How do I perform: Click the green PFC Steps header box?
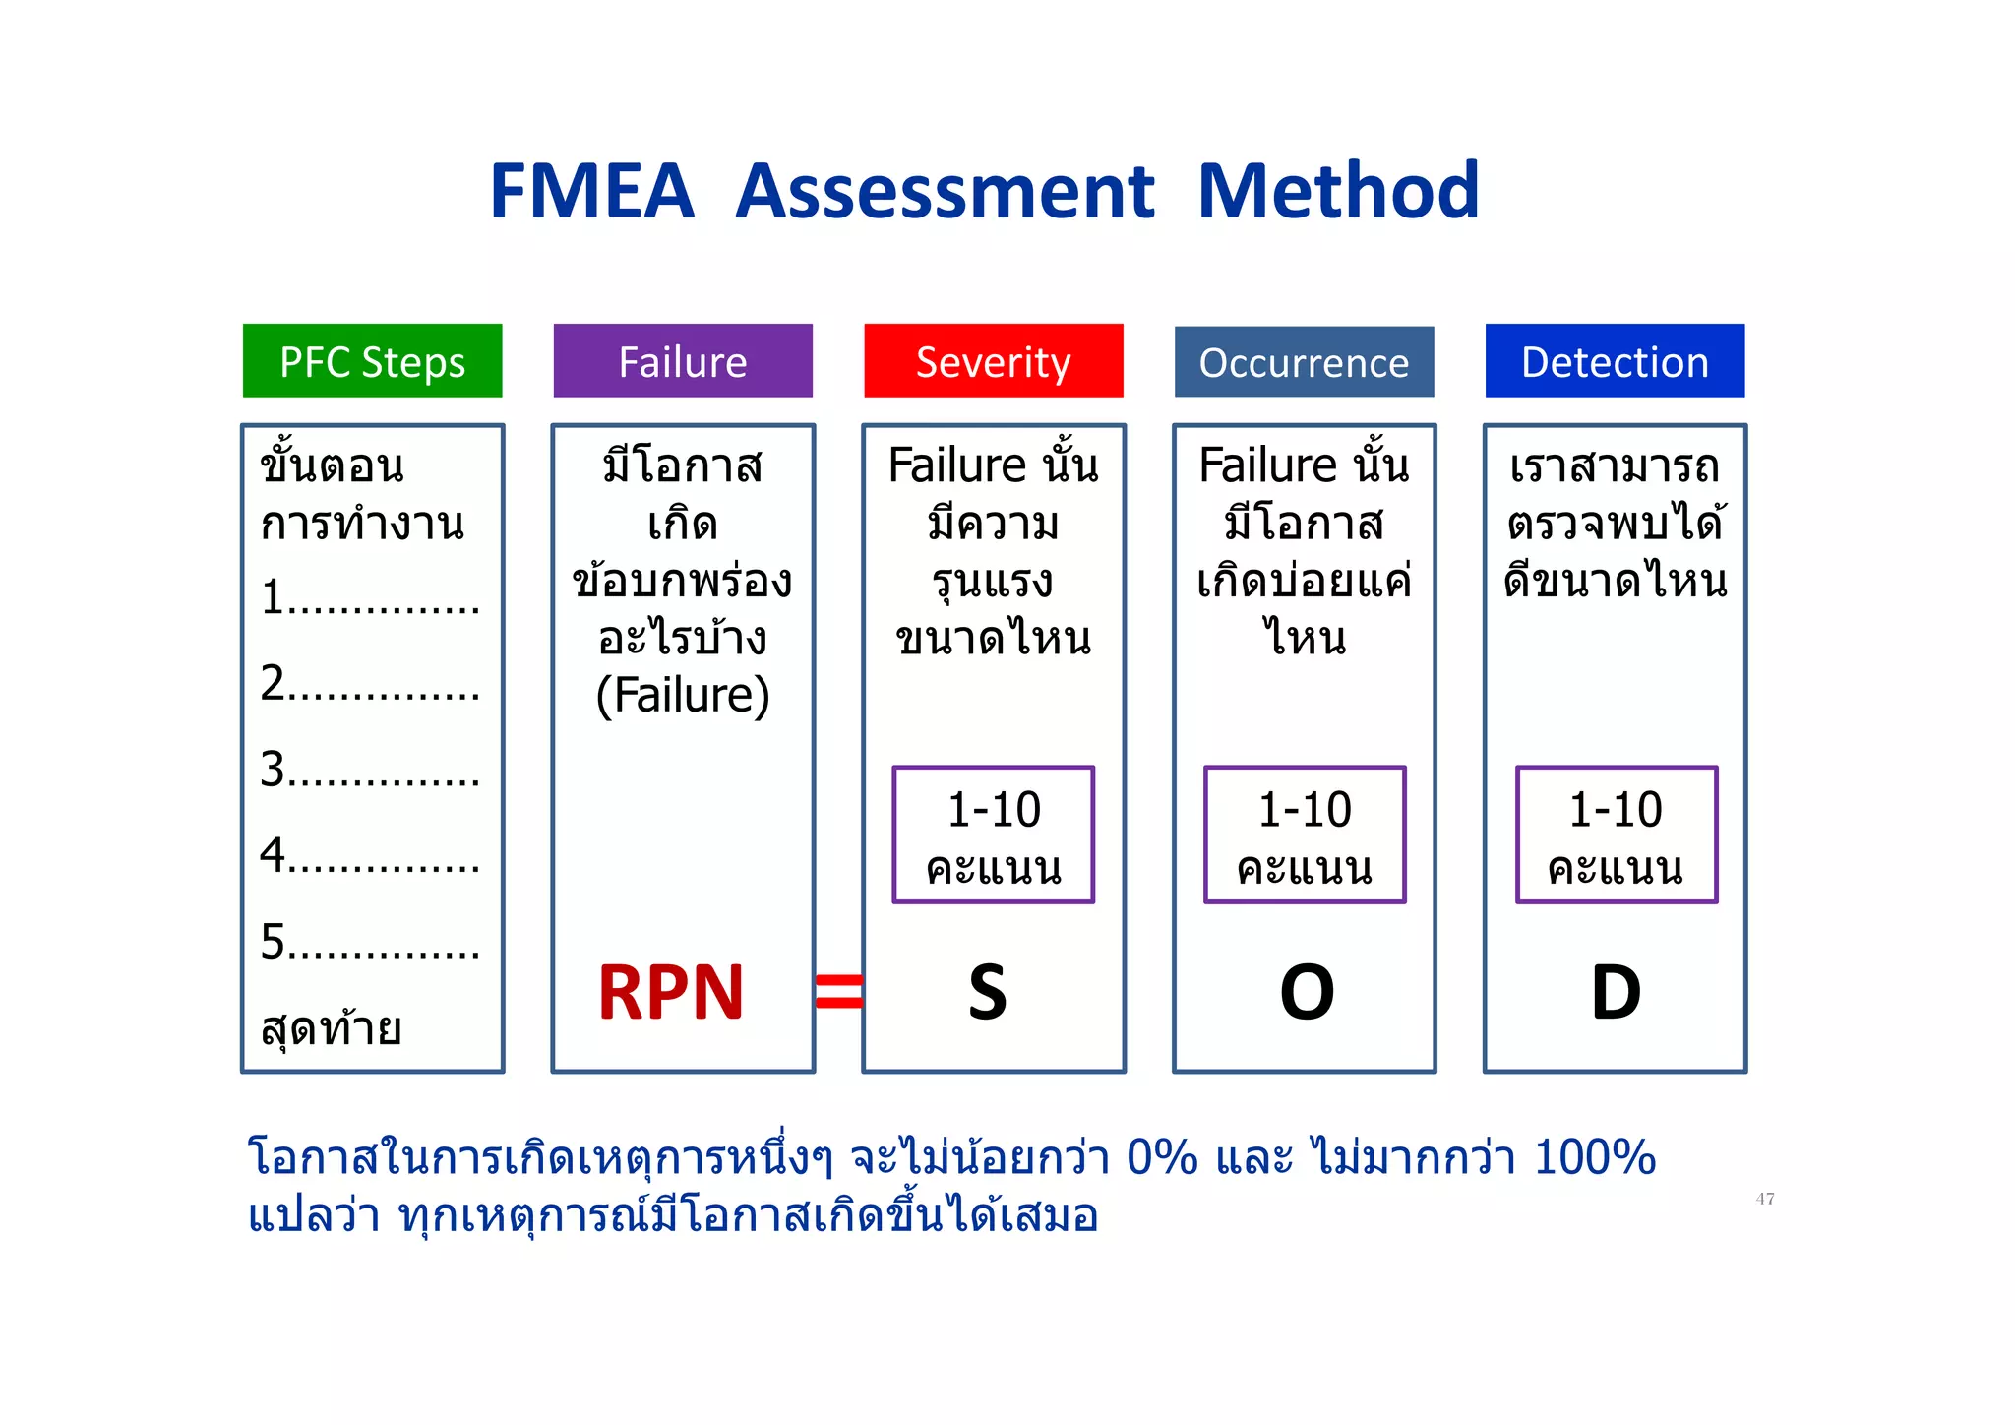pos(372,361)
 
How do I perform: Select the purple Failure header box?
pos(683,361)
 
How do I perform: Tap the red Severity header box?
pos(994,361)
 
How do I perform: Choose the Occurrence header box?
pos(1304,362)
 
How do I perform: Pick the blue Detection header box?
pos(1615,361)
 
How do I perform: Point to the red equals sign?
pos(839,991)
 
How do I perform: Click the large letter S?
pos(988,992)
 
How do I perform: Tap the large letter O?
pos(1307,992)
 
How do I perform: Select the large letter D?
pos(1616,992)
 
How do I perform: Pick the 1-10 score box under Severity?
pos(994,835)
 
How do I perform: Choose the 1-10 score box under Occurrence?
pos(1305,835)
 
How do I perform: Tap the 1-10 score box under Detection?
pos(1617,835)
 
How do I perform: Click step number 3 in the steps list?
pos(274,769)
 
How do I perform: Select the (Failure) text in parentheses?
pos(683,695)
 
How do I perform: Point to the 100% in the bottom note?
pos(1594,1157)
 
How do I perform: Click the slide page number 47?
pos(1765,1199)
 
